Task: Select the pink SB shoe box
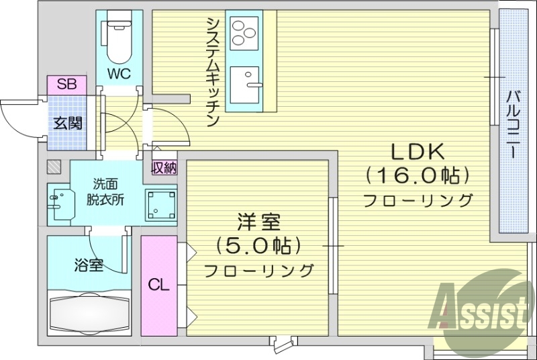66,85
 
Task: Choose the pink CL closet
158,285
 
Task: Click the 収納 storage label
164,168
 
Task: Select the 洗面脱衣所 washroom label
104,191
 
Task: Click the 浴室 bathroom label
89,265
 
